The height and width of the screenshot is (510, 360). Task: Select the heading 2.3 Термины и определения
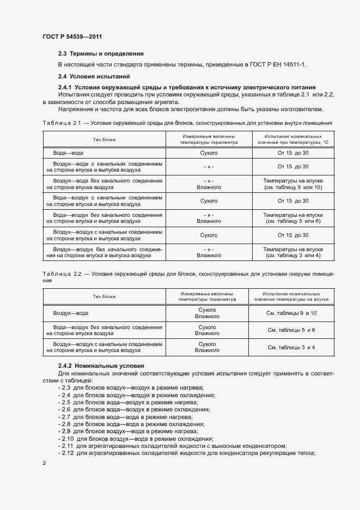pyautogui.click(x=101, y=53)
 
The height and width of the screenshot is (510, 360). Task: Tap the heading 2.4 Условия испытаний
pyautogui.click(x=94, y=76)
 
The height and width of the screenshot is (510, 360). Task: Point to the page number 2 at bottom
pyautogui.click(x=44, y=463)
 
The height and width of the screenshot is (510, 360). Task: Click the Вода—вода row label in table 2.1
pyautogui.click(x=68, y=153)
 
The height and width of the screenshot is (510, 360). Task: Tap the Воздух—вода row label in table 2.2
pyautogui.click(x=71, y=313)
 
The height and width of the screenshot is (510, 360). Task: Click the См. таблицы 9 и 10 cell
pyautogui.click(x=291, y=313)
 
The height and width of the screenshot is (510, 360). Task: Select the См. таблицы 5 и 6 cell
pyautogui.click(x=291, y=330)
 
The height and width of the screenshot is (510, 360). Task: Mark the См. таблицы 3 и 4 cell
pyautogui.click(x=291, y=347)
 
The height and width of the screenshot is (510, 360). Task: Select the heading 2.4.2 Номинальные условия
pyautogui.click(x=101, y=365)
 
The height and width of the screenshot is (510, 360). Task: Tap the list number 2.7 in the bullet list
pyautogui.click(x=65, y=416)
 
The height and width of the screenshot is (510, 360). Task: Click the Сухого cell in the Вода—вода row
pyautogui.click(x=209, y=153)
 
